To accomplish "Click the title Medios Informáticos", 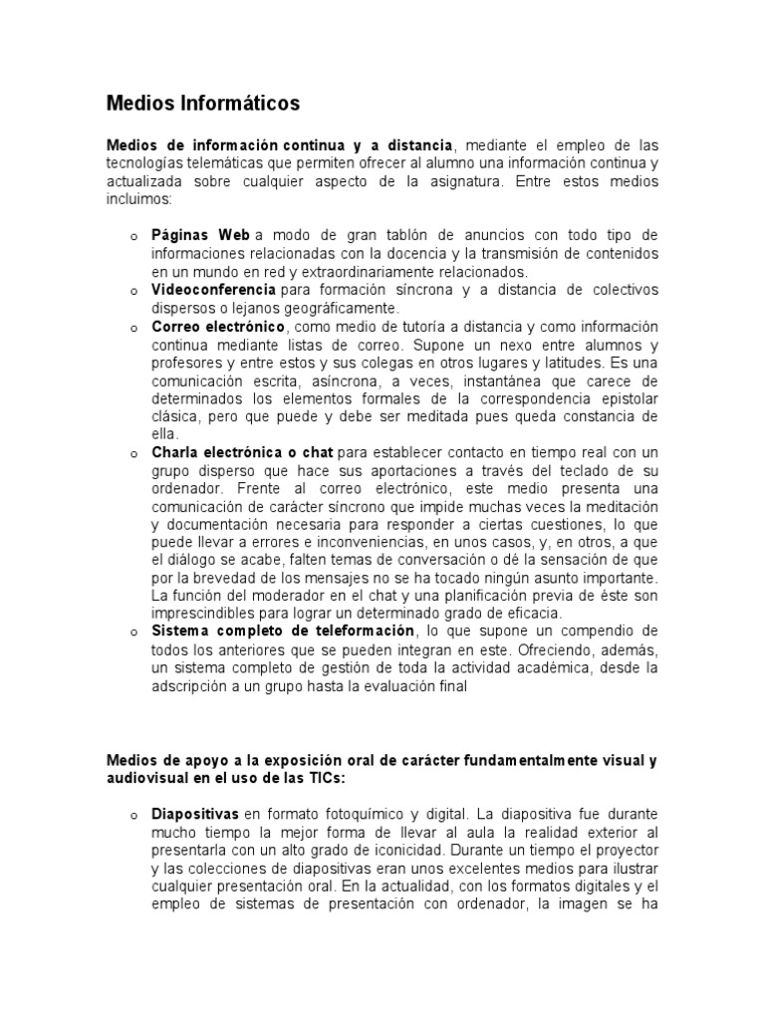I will click(203, 103).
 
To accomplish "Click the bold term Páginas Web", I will click(200, 235).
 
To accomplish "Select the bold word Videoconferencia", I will click(214, 290).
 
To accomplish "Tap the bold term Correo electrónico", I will click(218, 327).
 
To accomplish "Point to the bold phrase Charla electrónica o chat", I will click(242, 453).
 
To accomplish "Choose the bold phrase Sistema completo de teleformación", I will click(283, 632).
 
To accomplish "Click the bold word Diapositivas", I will click(195, 814).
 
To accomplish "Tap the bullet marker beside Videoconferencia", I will click(132, 291).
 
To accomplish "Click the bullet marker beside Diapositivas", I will click(132, 816).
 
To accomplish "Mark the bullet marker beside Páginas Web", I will click(132, 236).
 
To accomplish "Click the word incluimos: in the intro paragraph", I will click(139, 199).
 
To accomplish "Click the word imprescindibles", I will click(204, 614).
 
